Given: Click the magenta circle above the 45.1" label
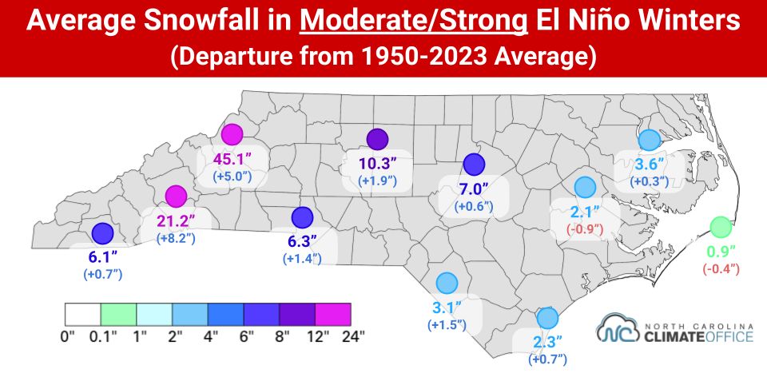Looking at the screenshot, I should pos(232,135).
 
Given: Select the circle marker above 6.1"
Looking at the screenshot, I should pos(101,233).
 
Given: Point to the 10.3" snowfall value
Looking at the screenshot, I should pos(377,165).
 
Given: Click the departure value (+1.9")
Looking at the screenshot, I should pos(377,181).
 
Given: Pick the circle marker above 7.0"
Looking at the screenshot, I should pos(474,165).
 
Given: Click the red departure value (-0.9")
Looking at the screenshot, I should pos(585,229).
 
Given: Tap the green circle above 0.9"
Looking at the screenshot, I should pos(721,228).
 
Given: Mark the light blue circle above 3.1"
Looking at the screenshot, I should pos(446,283).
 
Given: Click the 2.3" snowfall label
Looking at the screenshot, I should pos(547,343).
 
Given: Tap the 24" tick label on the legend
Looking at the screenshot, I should pos(353,335).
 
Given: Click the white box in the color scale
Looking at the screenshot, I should pos(82,313).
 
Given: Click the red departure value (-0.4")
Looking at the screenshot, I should pos(721,269).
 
